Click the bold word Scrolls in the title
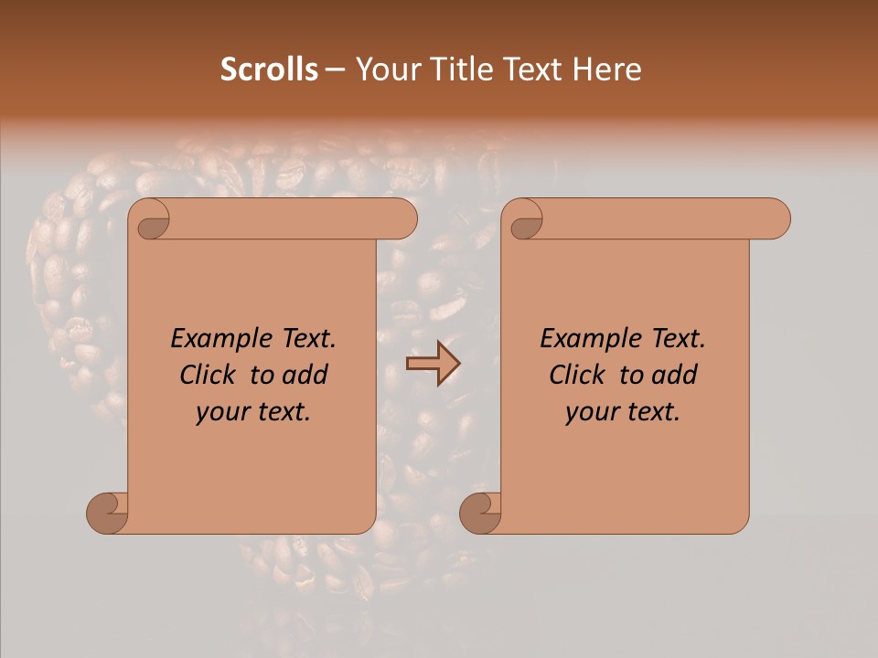point(269,69)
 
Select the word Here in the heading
point(608,69)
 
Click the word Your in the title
point(385,69)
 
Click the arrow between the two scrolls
point(433,364)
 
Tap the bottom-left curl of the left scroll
point(108,513)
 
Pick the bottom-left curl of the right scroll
point(480,513)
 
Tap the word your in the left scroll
point(221,413)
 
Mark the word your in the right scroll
point(591,413)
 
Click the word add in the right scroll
point(676,376)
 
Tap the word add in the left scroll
point(306,376)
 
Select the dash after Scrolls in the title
point(335,69)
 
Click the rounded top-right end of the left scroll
point(402,219)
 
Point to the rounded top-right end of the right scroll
point(776,219)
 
